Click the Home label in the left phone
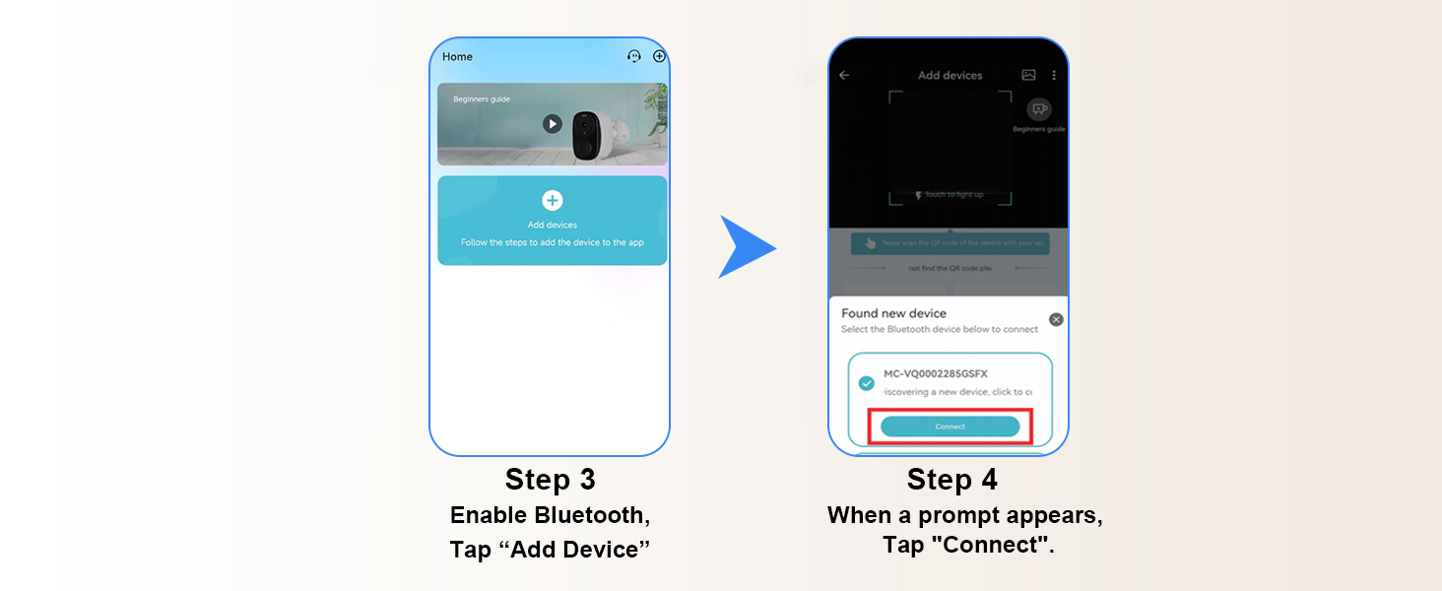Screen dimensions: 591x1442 (x=457, y=57)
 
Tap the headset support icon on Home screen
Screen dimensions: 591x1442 (x=634, y=57)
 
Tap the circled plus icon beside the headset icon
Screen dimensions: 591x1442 (x=659, y=57)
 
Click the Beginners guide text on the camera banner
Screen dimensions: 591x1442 (x=482, y=99)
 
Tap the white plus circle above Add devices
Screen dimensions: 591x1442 (x=553, y=201)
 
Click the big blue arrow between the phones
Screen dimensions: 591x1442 (x=746, y=246)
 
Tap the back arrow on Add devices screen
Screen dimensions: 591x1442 (x=844, y=75)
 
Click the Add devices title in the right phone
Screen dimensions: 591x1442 (x=950, y=75)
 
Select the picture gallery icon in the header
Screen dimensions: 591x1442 (x=1028, y=75)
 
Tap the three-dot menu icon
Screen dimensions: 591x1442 (x=1054, y=75)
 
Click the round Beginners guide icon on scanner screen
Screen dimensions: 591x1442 (x=1038, y=109)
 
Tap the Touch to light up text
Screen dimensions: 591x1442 (x=952, y=195)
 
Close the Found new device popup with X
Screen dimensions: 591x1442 (x=1056, y=319)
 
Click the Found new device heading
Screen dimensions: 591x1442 (x=893, y=313)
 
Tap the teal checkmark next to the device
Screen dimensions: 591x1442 (x=867, y=383)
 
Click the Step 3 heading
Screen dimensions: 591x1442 (x=551, y=480)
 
